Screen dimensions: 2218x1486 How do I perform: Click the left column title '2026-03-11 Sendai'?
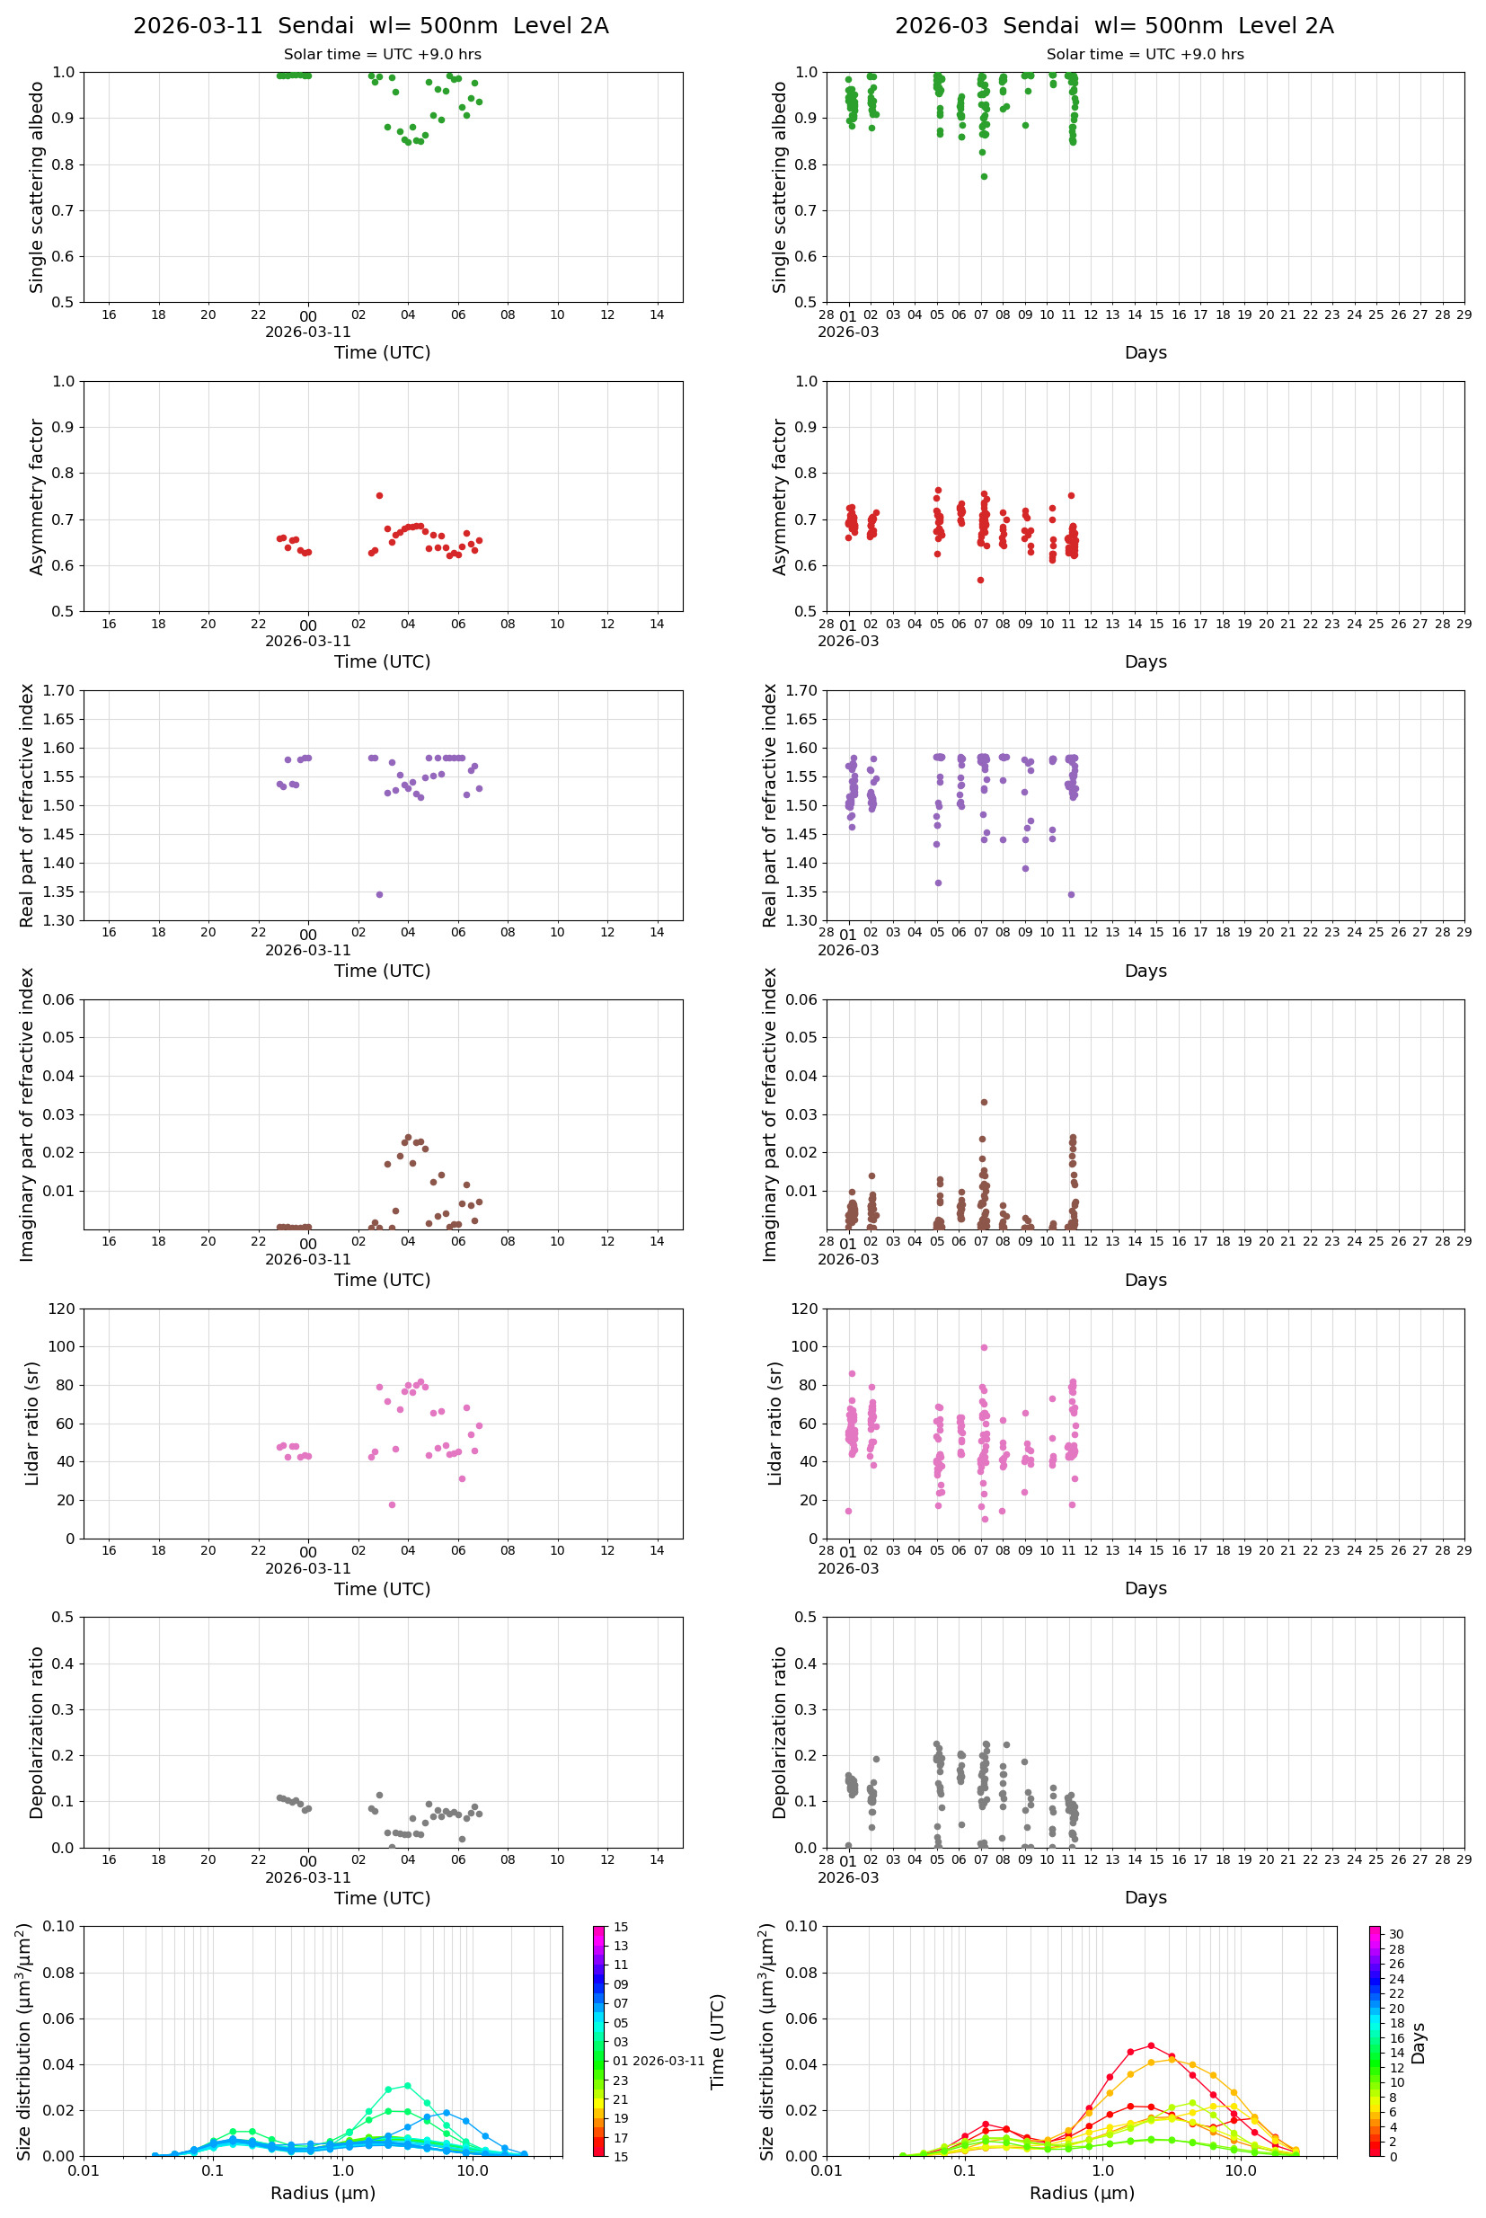tap(370, 25)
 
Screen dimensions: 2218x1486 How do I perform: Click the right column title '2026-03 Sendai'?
tap(1113, 25)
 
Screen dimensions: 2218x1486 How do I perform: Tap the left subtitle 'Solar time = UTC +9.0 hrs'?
tap(382, 54)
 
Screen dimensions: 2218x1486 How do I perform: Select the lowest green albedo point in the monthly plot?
tap(984, 176)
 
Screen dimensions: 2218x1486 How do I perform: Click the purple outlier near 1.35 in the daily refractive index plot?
tap(379, 894)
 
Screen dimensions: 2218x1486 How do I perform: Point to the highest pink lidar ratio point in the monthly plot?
tap(984, 1347)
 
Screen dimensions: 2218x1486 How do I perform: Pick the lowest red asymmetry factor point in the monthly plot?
tap(980, 580)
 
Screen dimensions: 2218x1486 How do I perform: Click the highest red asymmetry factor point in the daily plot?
tap(379, 496)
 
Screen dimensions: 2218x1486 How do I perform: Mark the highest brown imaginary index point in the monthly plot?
tap(984, 1103)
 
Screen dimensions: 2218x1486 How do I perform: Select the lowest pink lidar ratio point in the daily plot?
tap(392, 1504)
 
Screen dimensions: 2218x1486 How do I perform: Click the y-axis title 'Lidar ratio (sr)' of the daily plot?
tap(32, 1423)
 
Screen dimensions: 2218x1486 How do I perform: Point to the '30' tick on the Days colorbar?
tap(1396, 1935)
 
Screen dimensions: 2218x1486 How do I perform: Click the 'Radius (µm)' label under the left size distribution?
tap(323, 2193)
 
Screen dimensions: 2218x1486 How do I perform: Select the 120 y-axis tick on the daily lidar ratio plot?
tap(61, 1309)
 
